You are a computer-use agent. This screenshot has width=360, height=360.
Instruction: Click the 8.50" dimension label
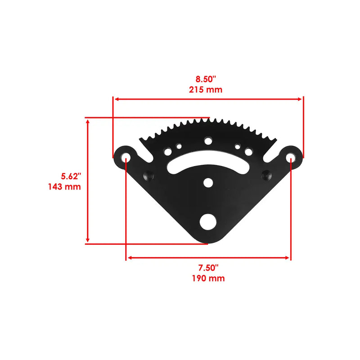click(206, 79)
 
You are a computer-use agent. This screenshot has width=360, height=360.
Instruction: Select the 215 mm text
click(206, 89)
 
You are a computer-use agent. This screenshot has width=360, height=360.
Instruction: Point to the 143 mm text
click(64, 186)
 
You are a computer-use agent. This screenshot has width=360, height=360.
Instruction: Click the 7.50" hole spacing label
click(207, 268)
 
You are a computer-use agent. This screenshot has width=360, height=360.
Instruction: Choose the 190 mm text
click(207, 279)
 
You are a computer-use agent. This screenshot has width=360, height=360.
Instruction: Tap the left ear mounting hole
click(127, 157)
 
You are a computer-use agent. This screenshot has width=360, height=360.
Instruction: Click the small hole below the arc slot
click(208, 183)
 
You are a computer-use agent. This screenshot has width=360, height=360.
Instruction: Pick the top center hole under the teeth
click(208, 141)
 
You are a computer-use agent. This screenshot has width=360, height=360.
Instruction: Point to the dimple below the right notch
click(268, 174)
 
